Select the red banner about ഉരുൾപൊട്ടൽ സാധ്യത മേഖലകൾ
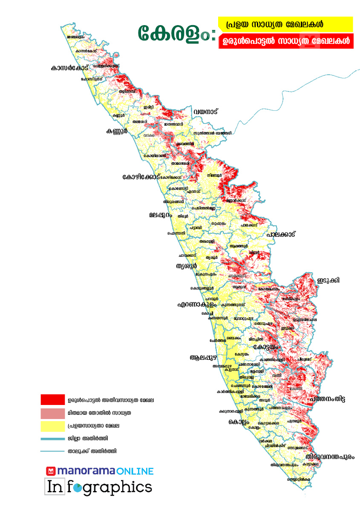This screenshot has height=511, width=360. point(285,42)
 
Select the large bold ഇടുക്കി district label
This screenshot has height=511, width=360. point(328,280)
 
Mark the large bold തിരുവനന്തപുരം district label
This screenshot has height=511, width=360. point(329,456)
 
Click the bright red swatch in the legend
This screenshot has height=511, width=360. point(52,400)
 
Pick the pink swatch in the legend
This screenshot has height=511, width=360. point(52,413)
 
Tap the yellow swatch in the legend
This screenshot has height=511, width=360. point(52,425)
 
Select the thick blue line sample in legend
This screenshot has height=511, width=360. point(52,438)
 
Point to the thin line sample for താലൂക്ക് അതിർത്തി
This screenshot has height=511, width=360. point(52,451)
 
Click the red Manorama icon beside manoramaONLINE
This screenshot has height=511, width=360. point(51,471)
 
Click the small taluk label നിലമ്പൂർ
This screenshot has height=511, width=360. point(215,175)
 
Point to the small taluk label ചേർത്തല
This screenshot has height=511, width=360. point(217,341)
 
